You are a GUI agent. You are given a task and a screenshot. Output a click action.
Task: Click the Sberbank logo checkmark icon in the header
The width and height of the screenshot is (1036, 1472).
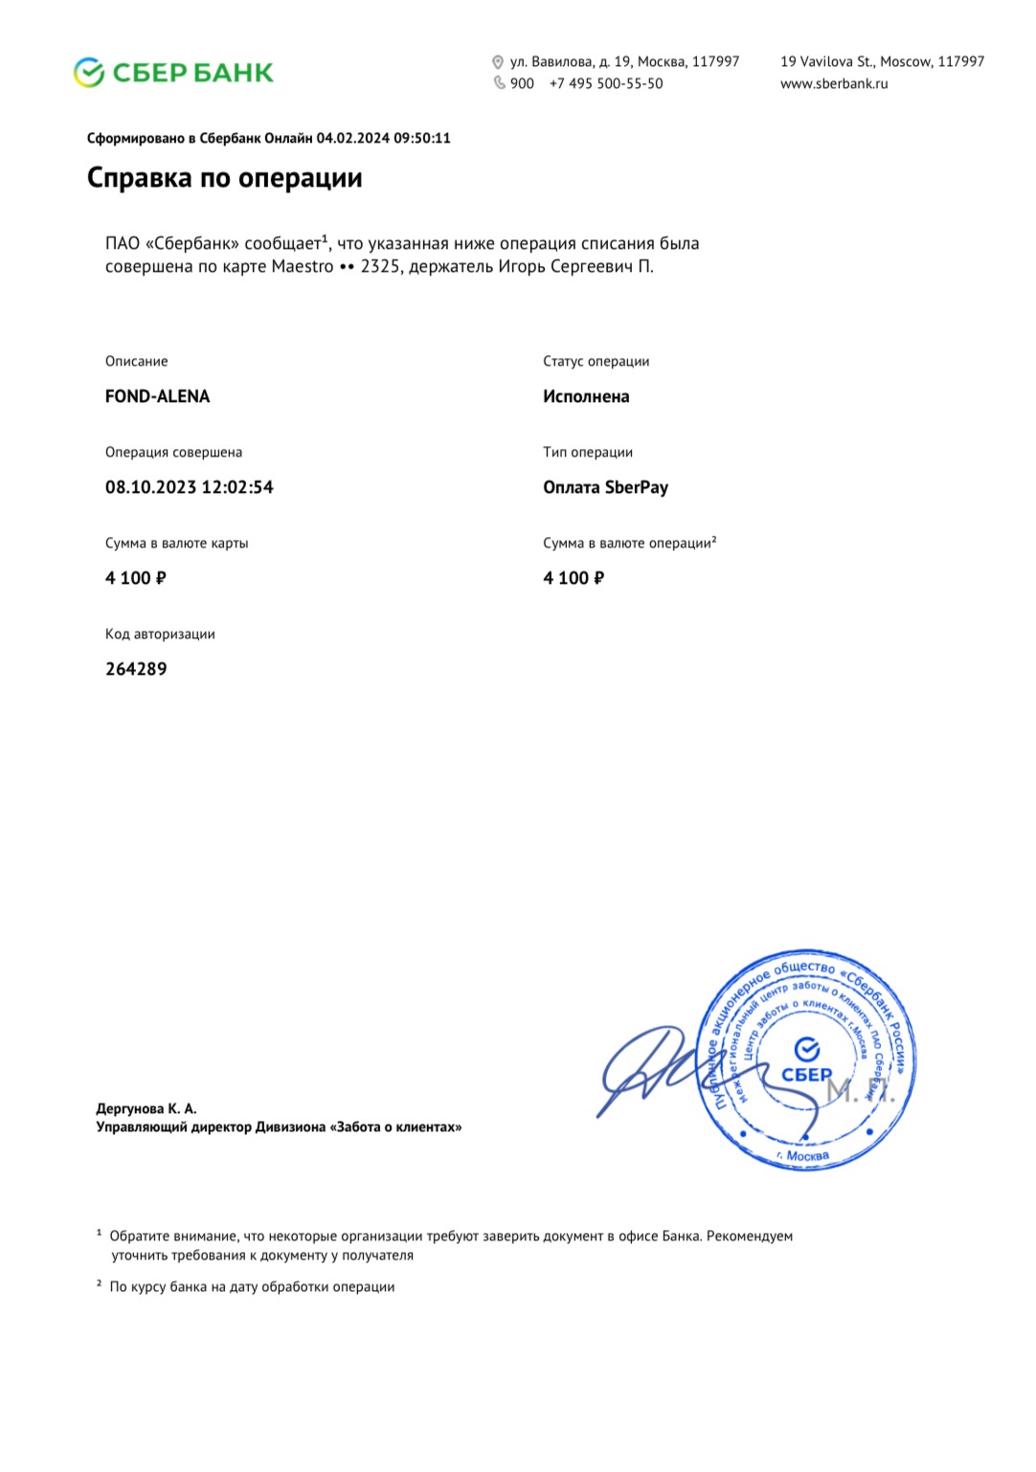click(x=89, y=73)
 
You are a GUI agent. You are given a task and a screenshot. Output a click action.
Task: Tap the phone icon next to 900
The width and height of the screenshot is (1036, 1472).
click(x=499, y=83)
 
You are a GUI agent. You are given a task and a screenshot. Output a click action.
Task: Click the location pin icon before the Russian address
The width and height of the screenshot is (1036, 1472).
click(x=498, y=62)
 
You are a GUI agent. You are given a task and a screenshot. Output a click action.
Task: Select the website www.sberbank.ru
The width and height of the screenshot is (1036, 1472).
click(x=834, y=83)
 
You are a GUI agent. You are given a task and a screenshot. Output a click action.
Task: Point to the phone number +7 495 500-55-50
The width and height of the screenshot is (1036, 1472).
click(x=606, y=83)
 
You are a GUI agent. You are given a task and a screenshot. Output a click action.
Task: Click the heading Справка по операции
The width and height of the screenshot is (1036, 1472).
click(x=224, y=178)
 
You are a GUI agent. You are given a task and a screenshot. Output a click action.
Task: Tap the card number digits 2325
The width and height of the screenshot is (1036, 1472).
click(x=380, y=266)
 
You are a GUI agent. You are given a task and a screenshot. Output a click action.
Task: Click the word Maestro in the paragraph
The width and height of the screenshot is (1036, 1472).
click(x=303, y=266)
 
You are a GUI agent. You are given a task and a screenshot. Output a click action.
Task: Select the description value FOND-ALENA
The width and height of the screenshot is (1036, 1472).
click(x=157, y=396)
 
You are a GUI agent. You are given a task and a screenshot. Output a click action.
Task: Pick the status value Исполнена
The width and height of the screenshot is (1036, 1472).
click(x=586, y=396)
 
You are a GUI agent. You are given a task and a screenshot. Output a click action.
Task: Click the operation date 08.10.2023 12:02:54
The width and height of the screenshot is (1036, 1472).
click(x=189, y=487)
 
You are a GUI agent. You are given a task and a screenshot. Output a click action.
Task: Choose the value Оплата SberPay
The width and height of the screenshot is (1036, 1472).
click(x=605, y=487)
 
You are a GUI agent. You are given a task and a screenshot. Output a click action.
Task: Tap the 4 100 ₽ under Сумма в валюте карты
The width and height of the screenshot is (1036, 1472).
click(x=136, y=578)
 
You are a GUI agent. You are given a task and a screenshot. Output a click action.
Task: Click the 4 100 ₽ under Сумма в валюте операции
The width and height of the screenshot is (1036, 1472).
click(x=574, y=578)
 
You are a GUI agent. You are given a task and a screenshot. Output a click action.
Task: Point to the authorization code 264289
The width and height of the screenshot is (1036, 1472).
click(x=136, y=669)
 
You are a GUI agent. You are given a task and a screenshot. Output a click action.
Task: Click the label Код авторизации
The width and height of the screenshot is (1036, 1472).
click(x=160, y=634)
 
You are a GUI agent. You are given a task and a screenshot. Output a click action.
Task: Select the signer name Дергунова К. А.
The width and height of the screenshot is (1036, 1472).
click(x=146, y=1108)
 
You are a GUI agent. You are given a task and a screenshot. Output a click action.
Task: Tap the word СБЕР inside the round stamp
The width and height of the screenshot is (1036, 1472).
click(x=807, y=1074)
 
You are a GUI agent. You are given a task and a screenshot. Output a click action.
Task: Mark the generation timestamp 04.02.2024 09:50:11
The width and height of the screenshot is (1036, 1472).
click(x=383, y=138)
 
